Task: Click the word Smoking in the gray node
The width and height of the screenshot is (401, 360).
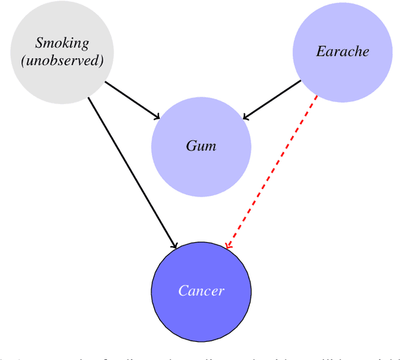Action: [62, 43]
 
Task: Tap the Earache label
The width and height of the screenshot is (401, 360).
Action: [343, 51]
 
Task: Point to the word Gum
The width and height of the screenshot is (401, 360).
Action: [201, 146]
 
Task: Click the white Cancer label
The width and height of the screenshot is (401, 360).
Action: [201, 291]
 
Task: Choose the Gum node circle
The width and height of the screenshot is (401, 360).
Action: [201, 172]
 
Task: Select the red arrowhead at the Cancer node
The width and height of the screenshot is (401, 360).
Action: [229, 245]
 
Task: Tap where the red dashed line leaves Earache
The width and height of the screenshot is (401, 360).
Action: [317, 96]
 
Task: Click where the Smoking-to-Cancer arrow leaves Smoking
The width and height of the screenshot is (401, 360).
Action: [89, 97]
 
